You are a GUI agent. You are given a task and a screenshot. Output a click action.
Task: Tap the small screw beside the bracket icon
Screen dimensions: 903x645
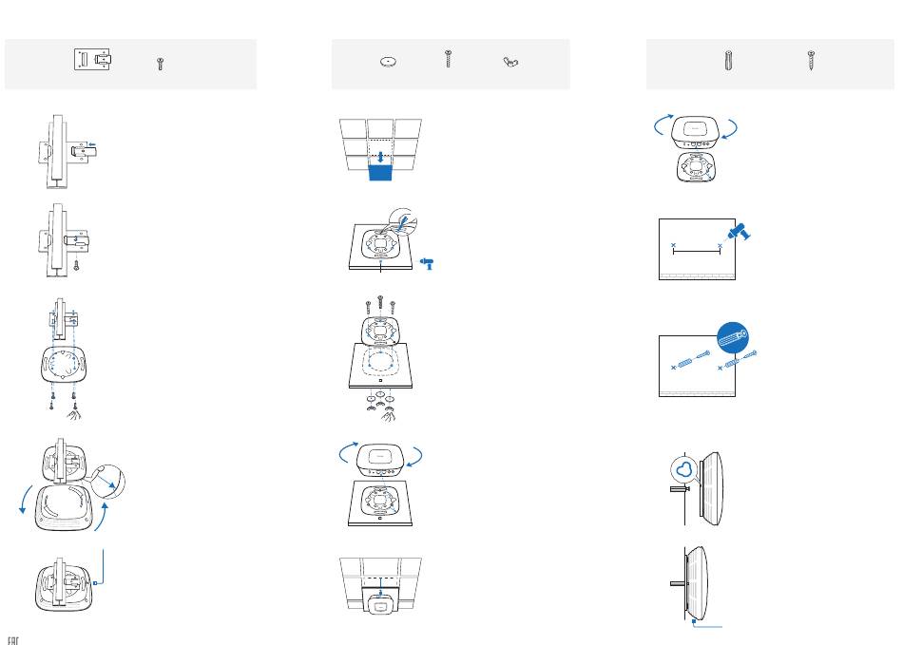(x=160, y=64)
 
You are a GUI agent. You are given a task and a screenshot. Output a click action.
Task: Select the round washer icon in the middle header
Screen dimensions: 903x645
(x=387, y=62)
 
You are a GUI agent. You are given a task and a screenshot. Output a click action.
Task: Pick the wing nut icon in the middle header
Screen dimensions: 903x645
(x=510, y=63)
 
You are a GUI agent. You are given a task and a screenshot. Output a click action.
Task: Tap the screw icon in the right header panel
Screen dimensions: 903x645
(x=811, y=61)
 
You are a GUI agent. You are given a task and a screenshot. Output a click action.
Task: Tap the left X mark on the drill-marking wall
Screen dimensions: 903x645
(x=674, y=246)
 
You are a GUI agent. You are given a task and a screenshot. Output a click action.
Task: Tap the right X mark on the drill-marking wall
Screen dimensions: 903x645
(x=720, y=246)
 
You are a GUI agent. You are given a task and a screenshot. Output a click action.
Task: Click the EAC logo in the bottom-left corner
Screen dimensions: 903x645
(x=14, y=638)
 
